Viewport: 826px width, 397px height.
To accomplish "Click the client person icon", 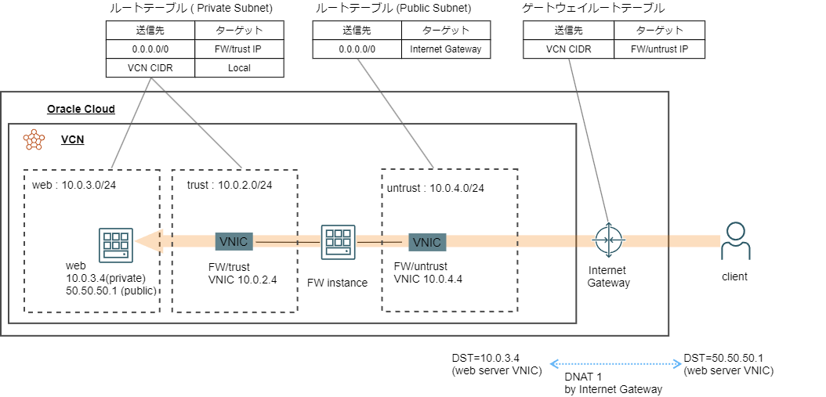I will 734,241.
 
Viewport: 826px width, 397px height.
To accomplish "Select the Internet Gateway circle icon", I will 608,240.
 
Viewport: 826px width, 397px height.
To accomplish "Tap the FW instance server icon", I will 338,242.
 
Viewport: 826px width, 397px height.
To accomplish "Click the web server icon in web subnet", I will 115,244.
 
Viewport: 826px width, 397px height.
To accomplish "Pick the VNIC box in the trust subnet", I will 232,241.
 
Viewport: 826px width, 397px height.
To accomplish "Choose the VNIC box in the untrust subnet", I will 427,242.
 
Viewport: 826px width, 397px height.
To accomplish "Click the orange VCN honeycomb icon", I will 34,139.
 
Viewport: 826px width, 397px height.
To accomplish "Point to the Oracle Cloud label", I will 81,109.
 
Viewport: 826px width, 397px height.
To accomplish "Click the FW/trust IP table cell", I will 239,49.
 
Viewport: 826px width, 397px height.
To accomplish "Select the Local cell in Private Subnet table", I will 239,68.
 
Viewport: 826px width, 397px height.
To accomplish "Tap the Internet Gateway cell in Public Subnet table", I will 445,49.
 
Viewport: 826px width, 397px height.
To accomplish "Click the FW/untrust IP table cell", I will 659,49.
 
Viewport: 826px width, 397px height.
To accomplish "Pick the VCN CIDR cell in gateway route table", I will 568,49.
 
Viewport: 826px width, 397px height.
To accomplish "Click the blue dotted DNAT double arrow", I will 614,363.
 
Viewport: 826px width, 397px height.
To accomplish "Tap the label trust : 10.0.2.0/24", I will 230,185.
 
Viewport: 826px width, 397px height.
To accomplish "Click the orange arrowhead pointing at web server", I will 145,242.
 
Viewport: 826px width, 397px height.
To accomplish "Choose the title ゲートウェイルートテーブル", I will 592,9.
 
